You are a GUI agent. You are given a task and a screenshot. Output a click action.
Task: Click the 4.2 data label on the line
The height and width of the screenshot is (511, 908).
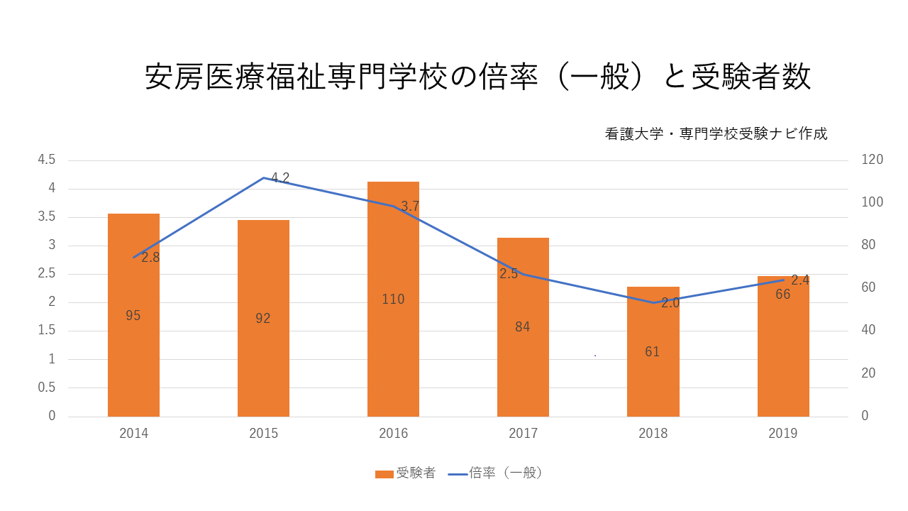point(281,178)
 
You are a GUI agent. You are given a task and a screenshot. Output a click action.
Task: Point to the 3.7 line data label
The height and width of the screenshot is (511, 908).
point(410,207)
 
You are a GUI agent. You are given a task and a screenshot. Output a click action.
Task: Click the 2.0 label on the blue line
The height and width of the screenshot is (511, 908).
point(670,303)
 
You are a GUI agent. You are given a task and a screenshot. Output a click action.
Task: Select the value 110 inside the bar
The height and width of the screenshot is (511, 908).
point(393,300)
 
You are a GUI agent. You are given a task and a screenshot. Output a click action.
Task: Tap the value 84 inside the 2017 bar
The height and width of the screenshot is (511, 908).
point(523,327)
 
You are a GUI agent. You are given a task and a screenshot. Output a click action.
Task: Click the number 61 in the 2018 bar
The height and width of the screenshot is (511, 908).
point(653,352)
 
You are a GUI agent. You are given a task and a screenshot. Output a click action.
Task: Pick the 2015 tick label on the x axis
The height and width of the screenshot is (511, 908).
point(263,434)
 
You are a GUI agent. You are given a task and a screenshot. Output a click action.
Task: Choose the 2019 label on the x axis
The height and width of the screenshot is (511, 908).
point(782,434)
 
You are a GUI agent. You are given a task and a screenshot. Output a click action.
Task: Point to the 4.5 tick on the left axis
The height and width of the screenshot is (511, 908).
point(47,160)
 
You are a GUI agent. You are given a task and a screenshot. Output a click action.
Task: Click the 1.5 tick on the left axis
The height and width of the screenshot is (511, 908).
point(47,331)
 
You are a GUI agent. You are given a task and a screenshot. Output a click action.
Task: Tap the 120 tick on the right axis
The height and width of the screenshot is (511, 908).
point(873,160)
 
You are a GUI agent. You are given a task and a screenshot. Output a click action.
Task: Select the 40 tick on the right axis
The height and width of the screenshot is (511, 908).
point(869,331)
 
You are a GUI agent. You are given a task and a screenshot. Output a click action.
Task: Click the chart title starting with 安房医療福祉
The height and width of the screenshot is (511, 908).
point(477,77)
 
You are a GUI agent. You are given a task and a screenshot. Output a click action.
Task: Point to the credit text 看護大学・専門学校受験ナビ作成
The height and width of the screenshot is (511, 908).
point(716,133)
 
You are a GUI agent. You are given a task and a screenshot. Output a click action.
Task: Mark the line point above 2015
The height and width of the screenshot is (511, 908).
point(263,177)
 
